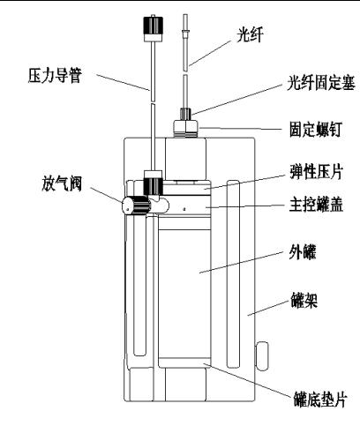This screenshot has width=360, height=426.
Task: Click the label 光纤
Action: (x=250, y=35)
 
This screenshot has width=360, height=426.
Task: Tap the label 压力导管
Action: (x=55, y=76)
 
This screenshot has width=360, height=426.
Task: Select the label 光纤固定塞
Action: (x=321, y=83)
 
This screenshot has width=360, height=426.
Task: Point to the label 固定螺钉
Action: (x=315, y=130)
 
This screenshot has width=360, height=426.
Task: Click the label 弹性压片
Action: (x=317, y=171)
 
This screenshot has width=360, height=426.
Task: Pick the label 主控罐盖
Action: (x=316, y=205)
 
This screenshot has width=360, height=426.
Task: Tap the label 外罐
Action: (x=303, y=252)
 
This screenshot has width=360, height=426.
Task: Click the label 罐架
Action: (x=304, y=300)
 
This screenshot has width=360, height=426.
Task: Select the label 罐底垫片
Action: (x=320, y=400)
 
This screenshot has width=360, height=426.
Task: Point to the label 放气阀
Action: (x=62, y=183)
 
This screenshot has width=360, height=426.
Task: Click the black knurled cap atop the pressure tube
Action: (x=153, y=26)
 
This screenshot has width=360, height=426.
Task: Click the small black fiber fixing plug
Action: (x=185, y=114)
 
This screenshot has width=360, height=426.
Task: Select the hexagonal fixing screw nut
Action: (x=185, y=128)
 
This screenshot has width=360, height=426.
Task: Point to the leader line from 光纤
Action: (x=210, y=53)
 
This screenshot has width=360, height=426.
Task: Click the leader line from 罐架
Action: (x=266, y=308)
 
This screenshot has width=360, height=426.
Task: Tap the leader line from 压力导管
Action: (x=123, y=82)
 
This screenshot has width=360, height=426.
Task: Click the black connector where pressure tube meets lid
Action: (x=153, y=185)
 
